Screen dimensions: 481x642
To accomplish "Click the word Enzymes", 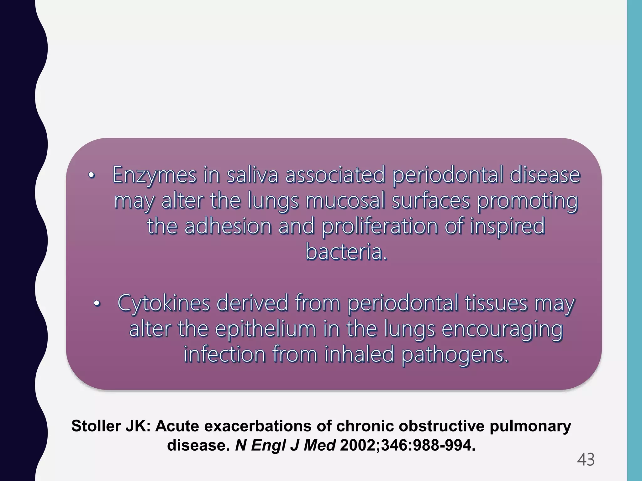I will [x=154, y=175].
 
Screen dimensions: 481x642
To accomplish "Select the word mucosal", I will [x=345, y=201].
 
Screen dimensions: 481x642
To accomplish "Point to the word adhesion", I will [x=228, y=226].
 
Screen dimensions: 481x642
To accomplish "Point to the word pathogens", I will [x=455, y=355].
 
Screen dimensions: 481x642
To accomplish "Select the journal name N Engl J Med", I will [x=285, y=445].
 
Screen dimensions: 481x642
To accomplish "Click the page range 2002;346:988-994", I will [x=408, y=445].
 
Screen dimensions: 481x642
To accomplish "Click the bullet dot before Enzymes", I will [x=91, y=176].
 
